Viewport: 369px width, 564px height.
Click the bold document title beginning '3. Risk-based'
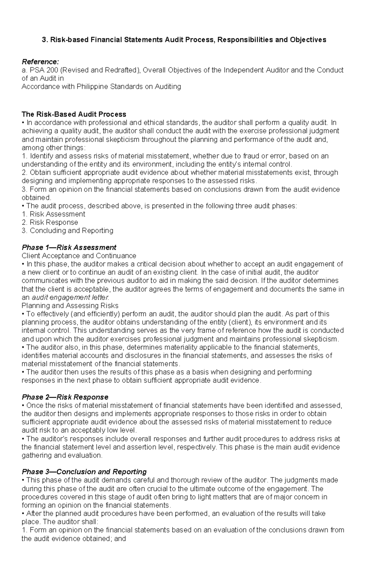184,40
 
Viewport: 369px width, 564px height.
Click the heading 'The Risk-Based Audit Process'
74,114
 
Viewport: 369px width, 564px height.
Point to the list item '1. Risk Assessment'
54,214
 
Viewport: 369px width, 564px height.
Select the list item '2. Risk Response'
50,222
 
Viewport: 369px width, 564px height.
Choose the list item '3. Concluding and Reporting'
67,231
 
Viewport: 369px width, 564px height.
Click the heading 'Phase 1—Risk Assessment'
69,247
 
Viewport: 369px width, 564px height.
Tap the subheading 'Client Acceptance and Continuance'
79,256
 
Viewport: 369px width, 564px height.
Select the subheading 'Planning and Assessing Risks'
70,306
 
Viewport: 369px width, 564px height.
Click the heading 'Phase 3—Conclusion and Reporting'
84,472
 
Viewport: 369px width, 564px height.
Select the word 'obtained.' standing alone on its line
36,197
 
